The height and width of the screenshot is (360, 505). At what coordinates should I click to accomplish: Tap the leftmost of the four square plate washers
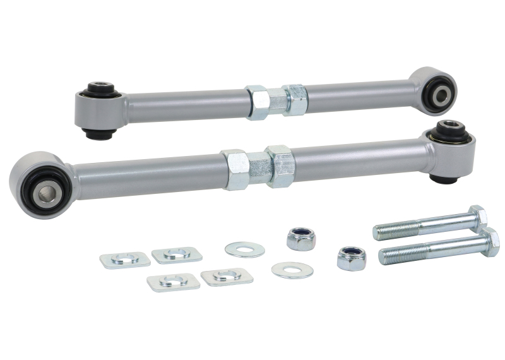point(125,260)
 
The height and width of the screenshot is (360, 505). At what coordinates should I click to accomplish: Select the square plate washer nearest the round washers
point(227,276)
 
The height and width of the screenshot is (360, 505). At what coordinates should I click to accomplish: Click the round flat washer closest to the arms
point(245,248)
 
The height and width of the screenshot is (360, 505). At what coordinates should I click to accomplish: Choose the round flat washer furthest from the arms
point(292,270)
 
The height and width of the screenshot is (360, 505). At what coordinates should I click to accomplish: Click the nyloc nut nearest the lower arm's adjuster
point(301,239)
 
